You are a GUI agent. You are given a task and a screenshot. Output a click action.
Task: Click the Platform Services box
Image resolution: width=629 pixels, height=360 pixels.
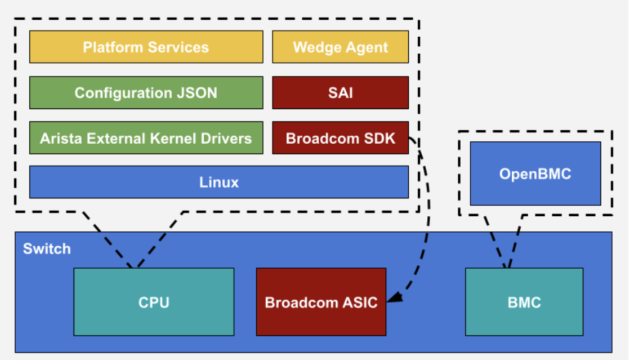(146, 47)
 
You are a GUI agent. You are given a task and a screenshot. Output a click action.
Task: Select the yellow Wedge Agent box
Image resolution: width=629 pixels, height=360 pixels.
(340, 47)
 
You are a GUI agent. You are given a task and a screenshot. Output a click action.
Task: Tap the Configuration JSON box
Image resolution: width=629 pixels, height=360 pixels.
(146, 93)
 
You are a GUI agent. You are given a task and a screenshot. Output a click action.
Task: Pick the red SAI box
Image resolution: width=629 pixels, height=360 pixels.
(340, 93)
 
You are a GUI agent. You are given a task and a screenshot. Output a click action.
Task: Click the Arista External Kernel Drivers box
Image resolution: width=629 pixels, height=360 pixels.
(146, 138)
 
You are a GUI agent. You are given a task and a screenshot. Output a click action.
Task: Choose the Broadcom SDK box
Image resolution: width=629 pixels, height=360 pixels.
(340, 138)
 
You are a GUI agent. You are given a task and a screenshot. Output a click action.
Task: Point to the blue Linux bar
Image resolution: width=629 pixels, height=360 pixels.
(219, 182)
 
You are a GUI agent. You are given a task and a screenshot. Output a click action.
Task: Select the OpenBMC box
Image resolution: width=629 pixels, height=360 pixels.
(535, 174)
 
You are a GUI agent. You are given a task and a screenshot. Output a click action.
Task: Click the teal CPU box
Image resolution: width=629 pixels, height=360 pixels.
(153, 302)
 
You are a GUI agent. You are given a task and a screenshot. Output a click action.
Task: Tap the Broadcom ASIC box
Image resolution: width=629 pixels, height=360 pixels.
(321, 302)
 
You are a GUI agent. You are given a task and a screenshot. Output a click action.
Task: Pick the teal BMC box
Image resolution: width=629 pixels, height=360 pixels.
(524, 302)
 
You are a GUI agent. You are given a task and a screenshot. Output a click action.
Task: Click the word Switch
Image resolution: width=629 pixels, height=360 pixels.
(47, 248)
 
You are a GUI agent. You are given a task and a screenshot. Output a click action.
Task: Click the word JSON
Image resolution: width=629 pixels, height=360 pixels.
(198, 93)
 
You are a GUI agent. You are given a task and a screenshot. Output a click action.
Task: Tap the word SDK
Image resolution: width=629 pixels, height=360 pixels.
(380, 138)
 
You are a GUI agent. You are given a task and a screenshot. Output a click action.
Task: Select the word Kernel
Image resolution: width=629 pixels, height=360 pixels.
(172, 138)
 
